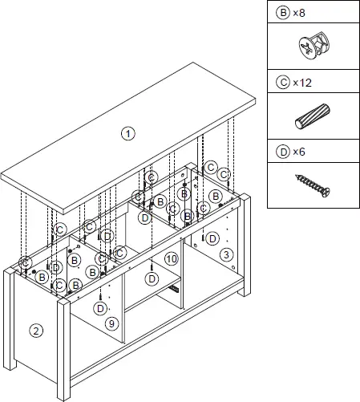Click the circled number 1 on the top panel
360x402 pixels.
[x=126, y=133]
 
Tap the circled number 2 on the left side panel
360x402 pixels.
[x=35, y=330]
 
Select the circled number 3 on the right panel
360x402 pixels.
[x=227, y=254]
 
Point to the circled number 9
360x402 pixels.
[x=111, y=323]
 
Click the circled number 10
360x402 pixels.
[x=171, y=258]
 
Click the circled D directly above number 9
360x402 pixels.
[x=99, y=308]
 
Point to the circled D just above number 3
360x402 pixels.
[x=212, y=238]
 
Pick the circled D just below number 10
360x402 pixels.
[x=152, y=278]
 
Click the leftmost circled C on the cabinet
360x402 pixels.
[x=26, y=262]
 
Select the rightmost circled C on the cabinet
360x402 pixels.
[x=225, y=174]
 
